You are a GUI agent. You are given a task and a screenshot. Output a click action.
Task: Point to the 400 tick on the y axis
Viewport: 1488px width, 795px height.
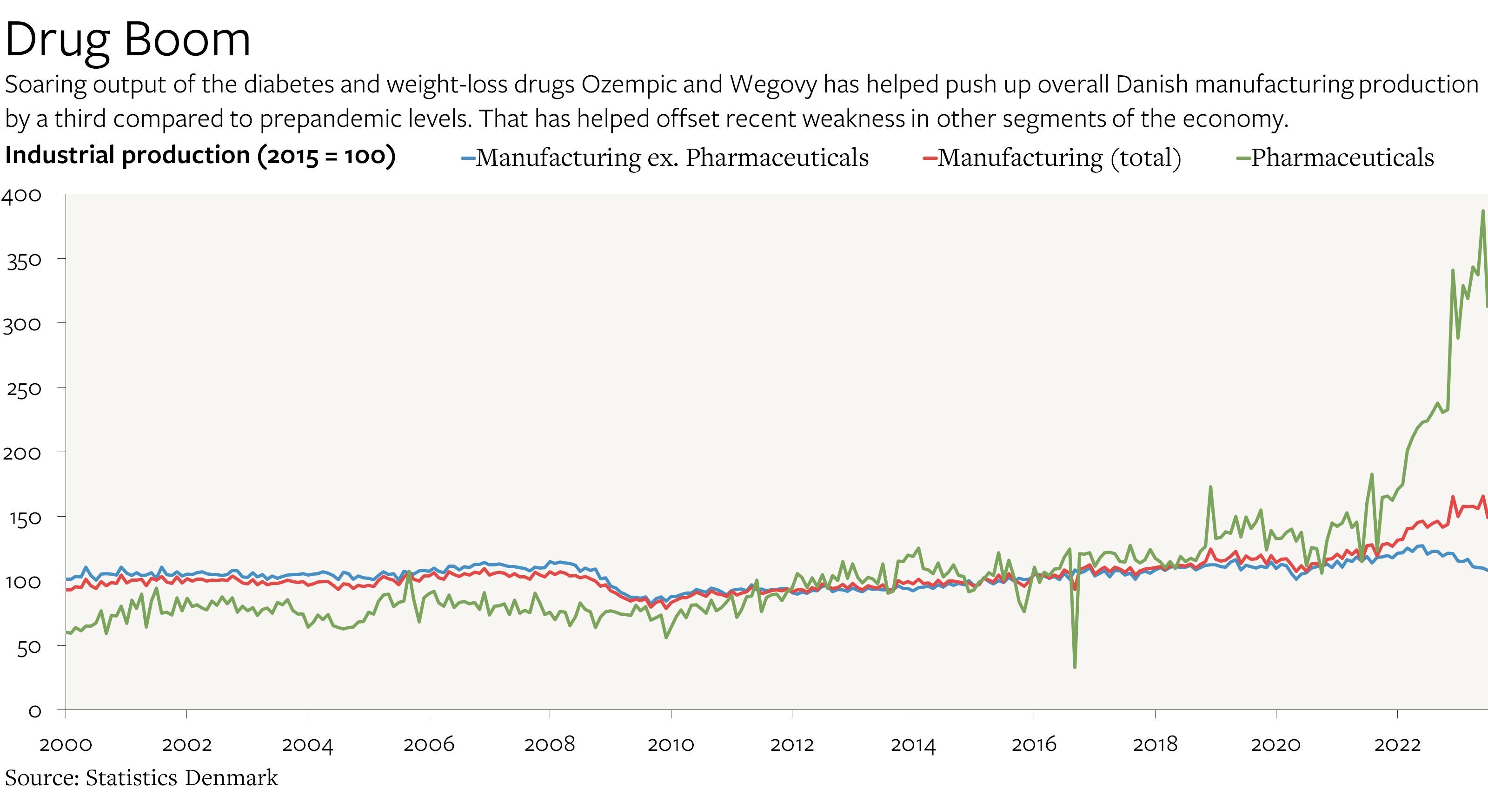tap(22, 196)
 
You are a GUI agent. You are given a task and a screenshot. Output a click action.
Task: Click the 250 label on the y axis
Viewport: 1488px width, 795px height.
tap(24, 389)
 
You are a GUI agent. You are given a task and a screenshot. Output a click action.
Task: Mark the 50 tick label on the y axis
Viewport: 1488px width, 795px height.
tap(29, 648)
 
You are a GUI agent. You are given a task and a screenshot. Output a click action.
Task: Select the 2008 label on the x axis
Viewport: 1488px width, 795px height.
tap(549, 744)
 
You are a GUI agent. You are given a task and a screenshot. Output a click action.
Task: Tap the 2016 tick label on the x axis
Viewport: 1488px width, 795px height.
tap(1033, 744)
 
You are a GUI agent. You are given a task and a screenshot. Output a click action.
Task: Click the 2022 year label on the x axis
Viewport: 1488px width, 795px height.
tap(1397, 744)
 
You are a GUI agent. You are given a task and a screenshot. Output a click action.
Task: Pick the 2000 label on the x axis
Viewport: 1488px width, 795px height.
tap(66, 744)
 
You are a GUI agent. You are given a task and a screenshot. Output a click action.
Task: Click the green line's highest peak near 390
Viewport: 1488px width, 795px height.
tap(1482, 211)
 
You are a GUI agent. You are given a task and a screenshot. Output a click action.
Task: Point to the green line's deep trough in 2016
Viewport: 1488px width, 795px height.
tap(1075, 667)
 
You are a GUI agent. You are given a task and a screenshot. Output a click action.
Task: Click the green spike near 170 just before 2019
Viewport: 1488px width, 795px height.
tap(1210, 487)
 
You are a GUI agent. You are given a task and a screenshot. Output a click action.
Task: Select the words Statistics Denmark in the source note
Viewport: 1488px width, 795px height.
tap(181, 778)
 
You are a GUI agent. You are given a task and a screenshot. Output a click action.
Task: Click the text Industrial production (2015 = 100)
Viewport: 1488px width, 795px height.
tap(200, 155)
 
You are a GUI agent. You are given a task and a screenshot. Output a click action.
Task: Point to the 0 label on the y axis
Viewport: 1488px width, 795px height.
tap(35, 711)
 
